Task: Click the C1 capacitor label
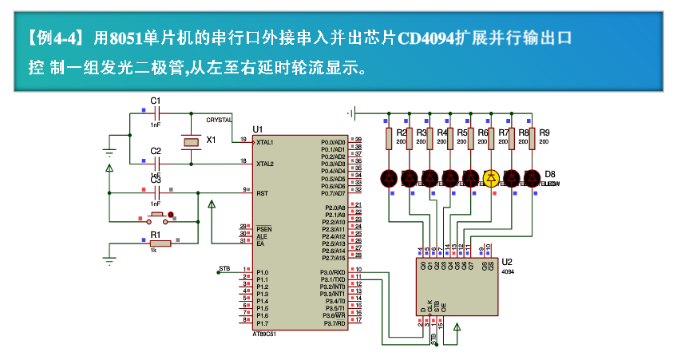156,101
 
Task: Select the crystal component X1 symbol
190,141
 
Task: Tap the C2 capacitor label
156,150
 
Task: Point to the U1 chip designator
257,129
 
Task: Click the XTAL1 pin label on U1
265,142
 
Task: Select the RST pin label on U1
262,193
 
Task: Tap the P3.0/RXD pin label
332,272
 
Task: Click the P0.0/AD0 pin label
332,142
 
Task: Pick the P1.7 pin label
262,322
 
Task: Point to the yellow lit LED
491,178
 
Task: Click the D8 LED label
549,173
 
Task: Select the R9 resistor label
544,133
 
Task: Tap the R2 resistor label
402,133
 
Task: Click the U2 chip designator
506,262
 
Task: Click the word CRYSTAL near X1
219,120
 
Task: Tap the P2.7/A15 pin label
332,258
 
